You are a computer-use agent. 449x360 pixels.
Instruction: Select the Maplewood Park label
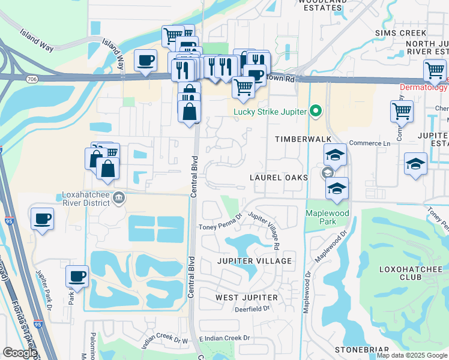[328, 217]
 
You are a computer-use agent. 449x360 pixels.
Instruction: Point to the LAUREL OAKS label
[279, 178]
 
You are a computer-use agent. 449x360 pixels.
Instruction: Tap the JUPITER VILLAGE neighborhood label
[255, 261]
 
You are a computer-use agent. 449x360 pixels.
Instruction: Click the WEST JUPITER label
[246, 298]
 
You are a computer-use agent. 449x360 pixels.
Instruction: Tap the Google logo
[20, 353]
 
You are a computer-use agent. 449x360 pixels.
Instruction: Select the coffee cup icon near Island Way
[145, 61]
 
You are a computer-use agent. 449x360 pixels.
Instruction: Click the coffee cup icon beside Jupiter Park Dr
[77, 277]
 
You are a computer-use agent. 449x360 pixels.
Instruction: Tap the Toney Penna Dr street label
[221, 226]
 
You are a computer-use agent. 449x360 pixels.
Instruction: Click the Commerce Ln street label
[370, 143]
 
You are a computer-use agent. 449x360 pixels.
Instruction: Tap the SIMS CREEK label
[400, 32]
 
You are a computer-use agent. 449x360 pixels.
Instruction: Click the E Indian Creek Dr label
[224, 339]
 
